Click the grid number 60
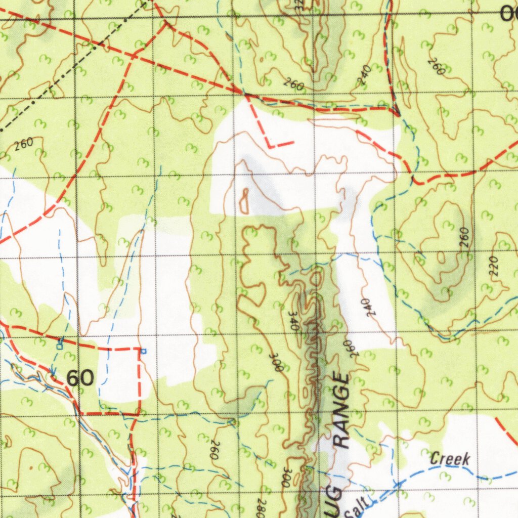[x=80, y=378]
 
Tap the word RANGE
[x=341, y=411]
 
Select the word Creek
[x=450, y=459]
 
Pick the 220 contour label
[x=494, y=266]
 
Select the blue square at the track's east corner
[x=143, y=351]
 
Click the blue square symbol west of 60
[x=60, y=346]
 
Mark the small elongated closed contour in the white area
[x=245, y=201]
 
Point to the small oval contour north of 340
[x=317, y=277]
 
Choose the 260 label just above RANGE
[x=350, y=349]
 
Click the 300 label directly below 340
[x=277, y=362]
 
